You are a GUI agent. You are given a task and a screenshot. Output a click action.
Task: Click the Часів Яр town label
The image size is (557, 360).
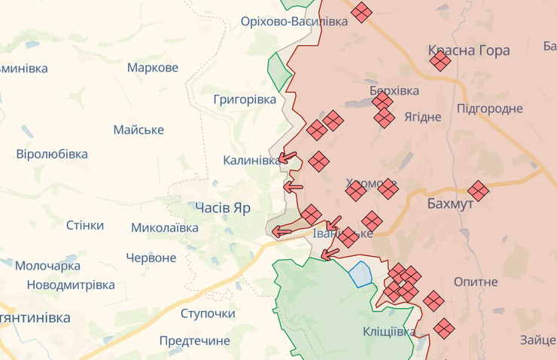pos(222,207)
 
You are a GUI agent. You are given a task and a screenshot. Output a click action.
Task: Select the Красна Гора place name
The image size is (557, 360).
pos(469,50)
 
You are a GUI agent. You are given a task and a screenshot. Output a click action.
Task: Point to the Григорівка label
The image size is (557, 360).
pos(245,99)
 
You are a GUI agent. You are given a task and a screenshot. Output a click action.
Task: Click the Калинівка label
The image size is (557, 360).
pos(251,160)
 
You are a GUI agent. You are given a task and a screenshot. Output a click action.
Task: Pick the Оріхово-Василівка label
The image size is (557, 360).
pos(294,21)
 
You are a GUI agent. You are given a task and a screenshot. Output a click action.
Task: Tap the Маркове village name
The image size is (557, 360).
pos(153,68)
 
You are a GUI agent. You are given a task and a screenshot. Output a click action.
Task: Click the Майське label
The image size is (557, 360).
pos(138,130)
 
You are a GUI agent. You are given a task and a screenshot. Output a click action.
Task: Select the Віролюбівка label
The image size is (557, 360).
pos(52,154)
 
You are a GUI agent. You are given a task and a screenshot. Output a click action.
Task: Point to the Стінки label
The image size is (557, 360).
pos(85,225)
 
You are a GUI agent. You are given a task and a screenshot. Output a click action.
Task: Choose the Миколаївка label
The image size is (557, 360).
pos(165,227)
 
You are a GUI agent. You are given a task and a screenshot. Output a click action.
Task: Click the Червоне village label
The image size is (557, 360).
pos(151,258)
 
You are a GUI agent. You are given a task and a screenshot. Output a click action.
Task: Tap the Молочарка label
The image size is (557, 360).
pos(47,266)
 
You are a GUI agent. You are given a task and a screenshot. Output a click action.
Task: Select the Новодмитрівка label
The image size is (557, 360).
pos(71,285)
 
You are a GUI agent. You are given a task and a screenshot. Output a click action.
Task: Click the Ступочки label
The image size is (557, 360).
pos(208,313)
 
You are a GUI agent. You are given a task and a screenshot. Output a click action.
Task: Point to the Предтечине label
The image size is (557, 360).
pos(195,340)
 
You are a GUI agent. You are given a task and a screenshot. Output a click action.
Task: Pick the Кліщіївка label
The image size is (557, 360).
pos(388,331)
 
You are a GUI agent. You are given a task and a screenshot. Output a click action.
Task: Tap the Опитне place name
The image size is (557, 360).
pos(476,282)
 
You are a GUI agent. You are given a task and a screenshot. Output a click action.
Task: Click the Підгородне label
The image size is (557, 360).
pos(489,108)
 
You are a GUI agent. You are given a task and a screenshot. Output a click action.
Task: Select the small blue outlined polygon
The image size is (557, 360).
pos(361,273)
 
